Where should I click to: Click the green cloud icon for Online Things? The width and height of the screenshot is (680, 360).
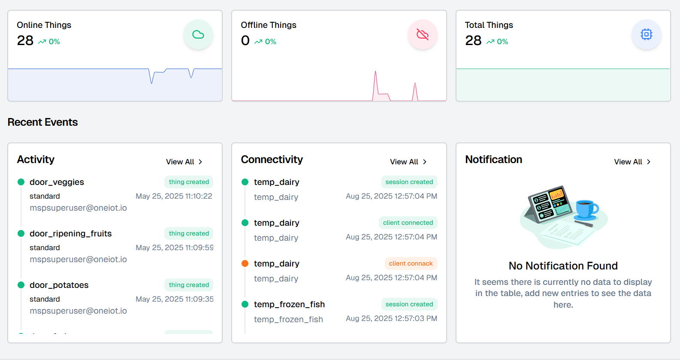click(x=198, y=34)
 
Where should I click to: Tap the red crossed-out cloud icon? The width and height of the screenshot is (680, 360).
click(x=422, y=34)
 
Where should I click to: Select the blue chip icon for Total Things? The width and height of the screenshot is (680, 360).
click(x=646, y=34)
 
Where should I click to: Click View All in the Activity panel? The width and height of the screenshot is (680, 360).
click(x=184, y=162)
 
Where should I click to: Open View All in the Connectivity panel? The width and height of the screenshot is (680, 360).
click(x=408, y=162)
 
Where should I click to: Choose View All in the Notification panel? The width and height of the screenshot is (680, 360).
click(x=632, y=162)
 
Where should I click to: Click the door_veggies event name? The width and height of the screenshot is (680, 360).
click(x=57, y=182)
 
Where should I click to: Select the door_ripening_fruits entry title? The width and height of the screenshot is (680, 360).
click(x=71, y=233)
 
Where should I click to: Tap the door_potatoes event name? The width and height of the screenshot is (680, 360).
click(x=59, y=285)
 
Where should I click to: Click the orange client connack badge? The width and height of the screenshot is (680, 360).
click(x=411, y=263)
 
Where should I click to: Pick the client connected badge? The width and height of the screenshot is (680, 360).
click(x=408, y=223)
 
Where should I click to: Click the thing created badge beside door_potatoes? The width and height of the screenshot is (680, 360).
click(x=189, y=285)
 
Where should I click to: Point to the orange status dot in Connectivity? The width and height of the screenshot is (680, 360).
click(x=245, y=263)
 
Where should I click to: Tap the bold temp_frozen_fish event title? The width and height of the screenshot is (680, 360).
click(x=289, y=304)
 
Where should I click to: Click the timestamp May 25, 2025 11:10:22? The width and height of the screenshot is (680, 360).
click(x=174, y=196)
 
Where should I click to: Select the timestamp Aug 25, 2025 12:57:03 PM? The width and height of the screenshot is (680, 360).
click(x=392, y=318)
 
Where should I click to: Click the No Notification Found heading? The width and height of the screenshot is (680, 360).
click(x=563, y=266)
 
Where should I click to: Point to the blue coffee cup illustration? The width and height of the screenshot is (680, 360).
click(x=586, y=209)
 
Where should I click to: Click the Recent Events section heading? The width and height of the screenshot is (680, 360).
click(x=43, y=122)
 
